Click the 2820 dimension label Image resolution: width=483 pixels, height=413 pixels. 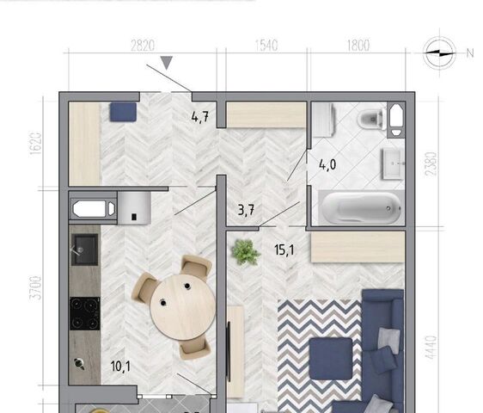143,46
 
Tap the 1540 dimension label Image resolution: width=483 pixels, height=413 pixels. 266,46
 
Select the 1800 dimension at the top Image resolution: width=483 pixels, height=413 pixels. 358,46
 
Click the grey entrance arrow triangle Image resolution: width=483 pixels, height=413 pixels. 167,63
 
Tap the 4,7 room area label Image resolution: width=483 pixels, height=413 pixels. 200,117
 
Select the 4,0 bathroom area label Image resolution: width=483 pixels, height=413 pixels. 327,164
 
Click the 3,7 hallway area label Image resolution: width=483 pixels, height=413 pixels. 246,210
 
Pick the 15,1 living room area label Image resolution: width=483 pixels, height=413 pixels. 284,250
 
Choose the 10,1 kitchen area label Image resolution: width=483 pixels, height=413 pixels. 120,367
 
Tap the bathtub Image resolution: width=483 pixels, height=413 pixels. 362,207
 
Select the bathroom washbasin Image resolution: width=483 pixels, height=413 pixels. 393,163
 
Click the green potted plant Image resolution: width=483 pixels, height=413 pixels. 246,252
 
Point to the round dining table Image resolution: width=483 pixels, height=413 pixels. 183,307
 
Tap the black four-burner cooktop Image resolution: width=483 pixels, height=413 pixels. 85,314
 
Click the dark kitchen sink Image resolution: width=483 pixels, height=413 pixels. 85,250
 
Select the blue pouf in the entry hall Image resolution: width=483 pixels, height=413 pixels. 123,112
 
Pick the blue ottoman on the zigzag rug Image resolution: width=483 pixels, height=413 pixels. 331,359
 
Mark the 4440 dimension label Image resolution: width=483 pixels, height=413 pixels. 431,348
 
